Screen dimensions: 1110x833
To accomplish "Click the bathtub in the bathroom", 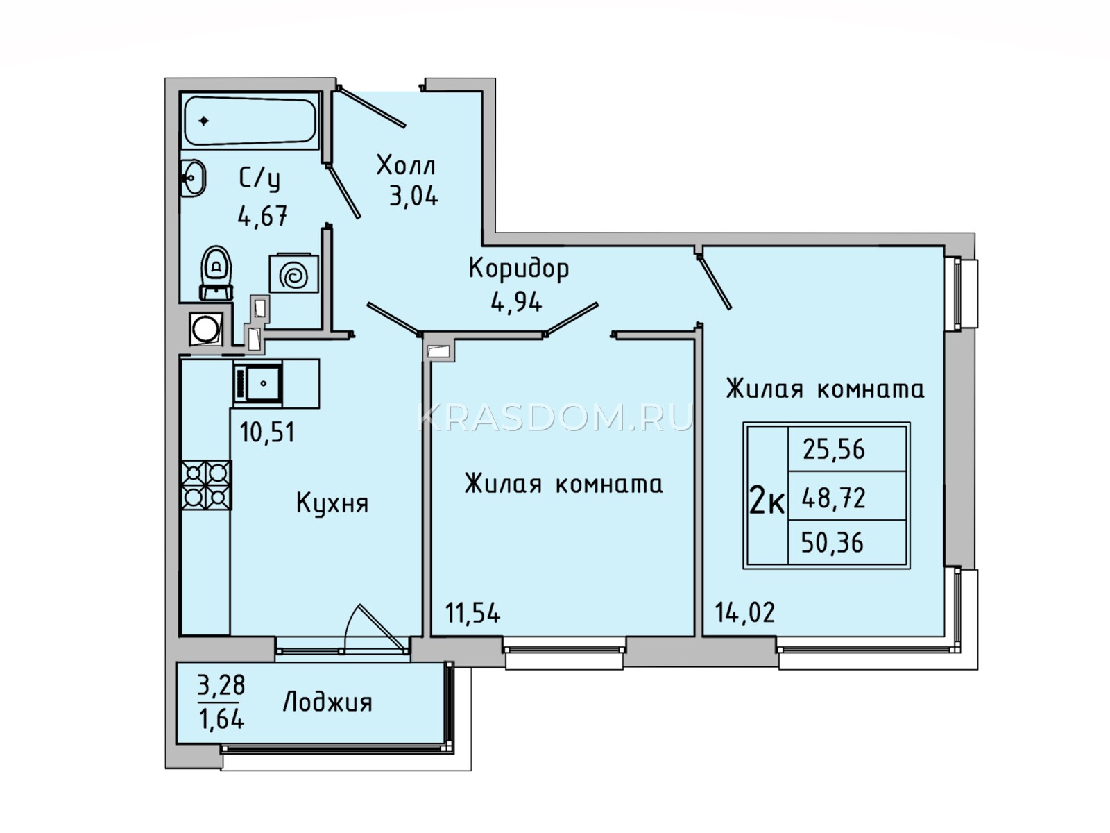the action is click(250, 121).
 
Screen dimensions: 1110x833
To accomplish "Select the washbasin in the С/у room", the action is click(194, 178).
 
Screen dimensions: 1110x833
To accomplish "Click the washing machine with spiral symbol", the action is click(294, 274).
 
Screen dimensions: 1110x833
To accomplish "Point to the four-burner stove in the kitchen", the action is click(207, 485).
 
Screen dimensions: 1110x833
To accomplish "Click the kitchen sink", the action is click(258, 384).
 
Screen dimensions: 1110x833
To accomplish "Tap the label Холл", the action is click(406, 165).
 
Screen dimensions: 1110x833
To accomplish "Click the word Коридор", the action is click(519, 269).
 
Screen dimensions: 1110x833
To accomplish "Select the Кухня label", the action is click(332, 503).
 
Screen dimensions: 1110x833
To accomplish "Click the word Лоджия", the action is click(327, 703).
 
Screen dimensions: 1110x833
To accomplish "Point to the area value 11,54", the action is click(473, 612).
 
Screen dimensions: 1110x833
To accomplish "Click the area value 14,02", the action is click(744, 612).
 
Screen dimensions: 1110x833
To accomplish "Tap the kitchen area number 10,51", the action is click(267, 432).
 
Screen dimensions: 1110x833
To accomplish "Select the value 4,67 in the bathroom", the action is click(262, 216).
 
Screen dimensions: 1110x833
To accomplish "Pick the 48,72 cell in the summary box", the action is click(833, 498).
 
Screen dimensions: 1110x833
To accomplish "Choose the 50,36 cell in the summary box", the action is click(832, 544).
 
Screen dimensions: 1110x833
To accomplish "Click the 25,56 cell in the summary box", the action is click(834, 449).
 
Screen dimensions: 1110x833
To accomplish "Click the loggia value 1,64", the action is click(222, 720).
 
